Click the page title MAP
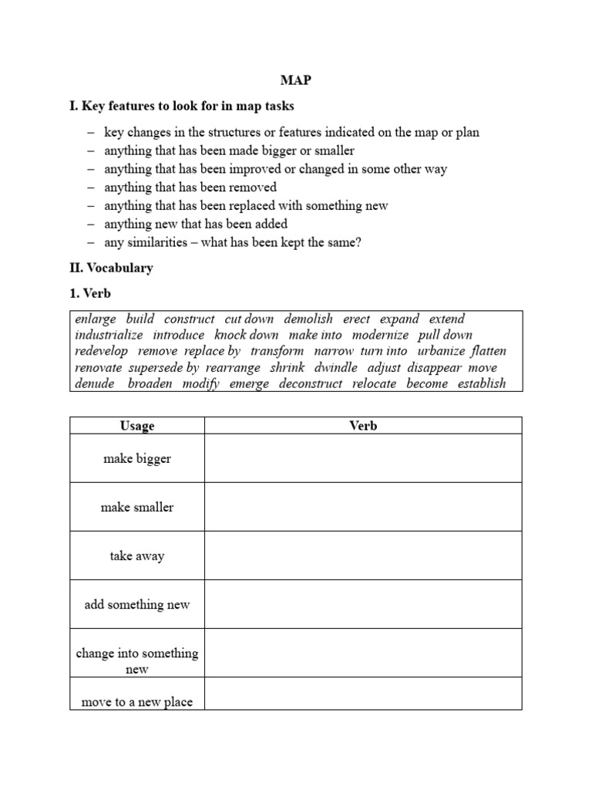296,80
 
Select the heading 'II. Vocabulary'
111,268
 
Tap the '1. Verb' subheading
90,294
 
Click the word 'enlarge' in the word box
96,319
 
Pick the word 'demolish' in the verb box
308,319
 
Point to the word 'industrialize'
109,335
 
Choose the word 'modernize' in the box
380,335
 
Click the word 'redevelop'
102,351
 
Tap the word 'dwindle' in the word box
335,367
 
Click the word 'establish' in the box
482,383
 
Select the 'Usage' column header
137,426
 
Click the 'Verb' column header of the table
363,426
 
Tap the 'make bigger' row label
137,458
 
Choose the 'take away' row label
137,555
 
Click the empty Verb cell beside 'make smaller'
363,507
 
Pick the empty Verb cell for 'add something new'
363,604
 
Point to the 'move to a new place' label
137,701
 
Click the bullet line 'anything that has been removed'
190,187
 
